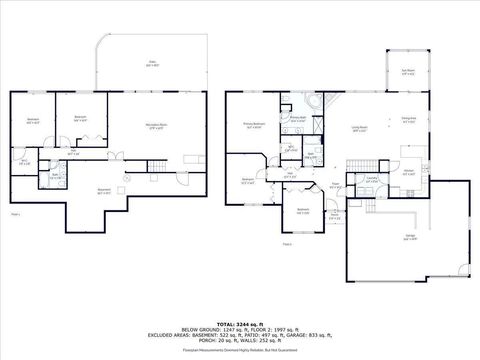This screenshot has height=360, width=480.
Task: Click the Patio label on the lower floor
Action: coord(154,65)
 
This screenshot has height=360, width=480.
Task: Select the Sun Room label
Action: coord(407,72)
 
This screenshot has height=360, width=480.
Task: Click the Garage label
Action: coord(411,237)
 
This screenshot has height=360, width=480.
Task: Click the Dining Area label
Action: coord(408,120)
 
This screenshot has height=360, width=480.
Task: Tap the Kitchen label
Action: coord(408,170)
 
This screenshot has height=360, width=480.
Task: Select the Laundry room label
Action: coord(371,180)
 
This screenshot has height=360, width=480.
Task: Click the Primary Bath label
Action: coord(297,118)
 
